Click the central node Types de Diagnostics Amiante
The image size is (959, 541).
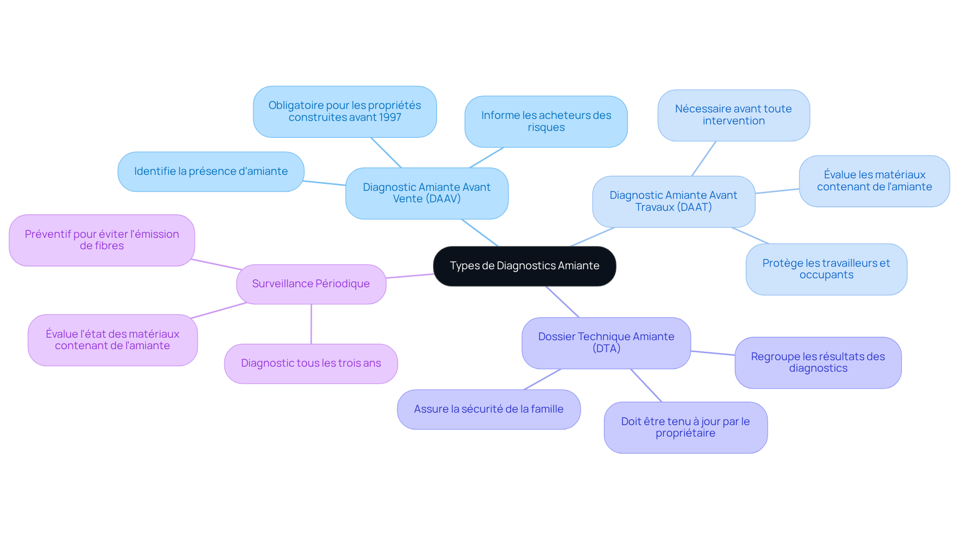coord(524,266)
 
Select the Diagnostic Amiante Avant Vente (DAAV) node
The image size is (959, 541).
coord(427,193)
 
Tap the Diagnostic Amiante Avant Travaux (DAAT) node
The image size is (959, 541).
coord(673,201)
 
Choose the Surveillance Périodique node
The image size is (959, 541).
coord(311,284)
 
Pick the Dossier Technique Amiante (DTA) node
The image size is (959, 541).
coord(606,343)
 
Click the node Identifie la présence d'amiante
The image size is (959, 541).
coord(211,171)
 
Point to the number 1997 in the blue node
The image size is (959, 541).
coord(390,117)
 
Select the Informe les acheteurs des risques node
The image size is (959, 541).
coord(546,121)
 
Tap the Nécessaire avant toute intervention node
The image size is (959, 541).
coord(733,115)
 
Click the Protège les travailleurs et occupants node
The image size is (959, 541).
coord(826,269)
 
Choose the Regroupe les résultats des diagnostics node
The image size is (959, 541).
coord(818,363)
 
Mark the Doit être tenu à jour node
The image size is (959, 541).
coord(685,428)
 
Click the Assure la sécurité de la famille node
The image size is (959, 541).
coord(488,409)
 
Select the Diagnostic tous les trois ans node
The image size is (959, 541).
coord(311,363)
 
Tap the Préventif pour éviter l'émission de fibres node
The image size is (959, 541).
coord(102,240)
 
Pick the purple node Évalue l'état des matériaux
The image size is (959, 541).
coord(112,340)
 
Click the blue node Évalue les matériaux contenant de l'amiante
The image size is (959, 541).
coord(874,181)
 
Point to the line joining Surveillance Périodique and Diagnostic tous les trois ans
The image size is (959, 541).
coord(311,324)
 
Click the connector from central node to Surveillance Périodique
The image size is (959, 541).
coord(410,276)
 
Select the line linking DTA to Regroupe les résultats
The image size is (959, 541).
coord(713,353)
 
